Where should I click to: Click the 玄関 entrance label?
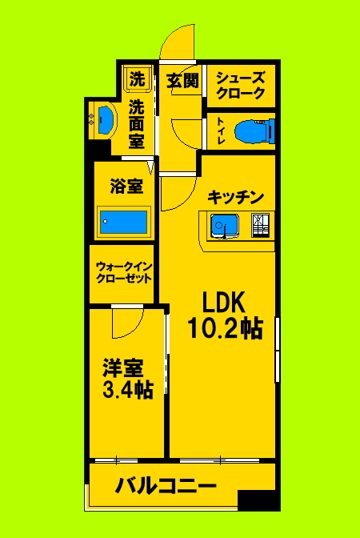click(182, 80)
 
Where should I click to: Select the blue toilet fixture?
click(257, 129)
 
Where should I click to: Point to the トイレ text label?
click(220, 130)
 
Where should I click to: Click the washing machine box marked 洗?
click(138, 79)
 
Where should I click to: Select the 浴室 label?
click(126, 187)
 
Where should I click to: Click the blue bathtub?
click(123, 221)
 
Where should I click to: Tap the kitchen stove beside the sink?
click(261, 227)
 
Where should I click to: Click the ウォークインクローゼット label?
click(124, 272)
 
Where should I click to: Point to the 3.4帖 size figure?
click(127, 391)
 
